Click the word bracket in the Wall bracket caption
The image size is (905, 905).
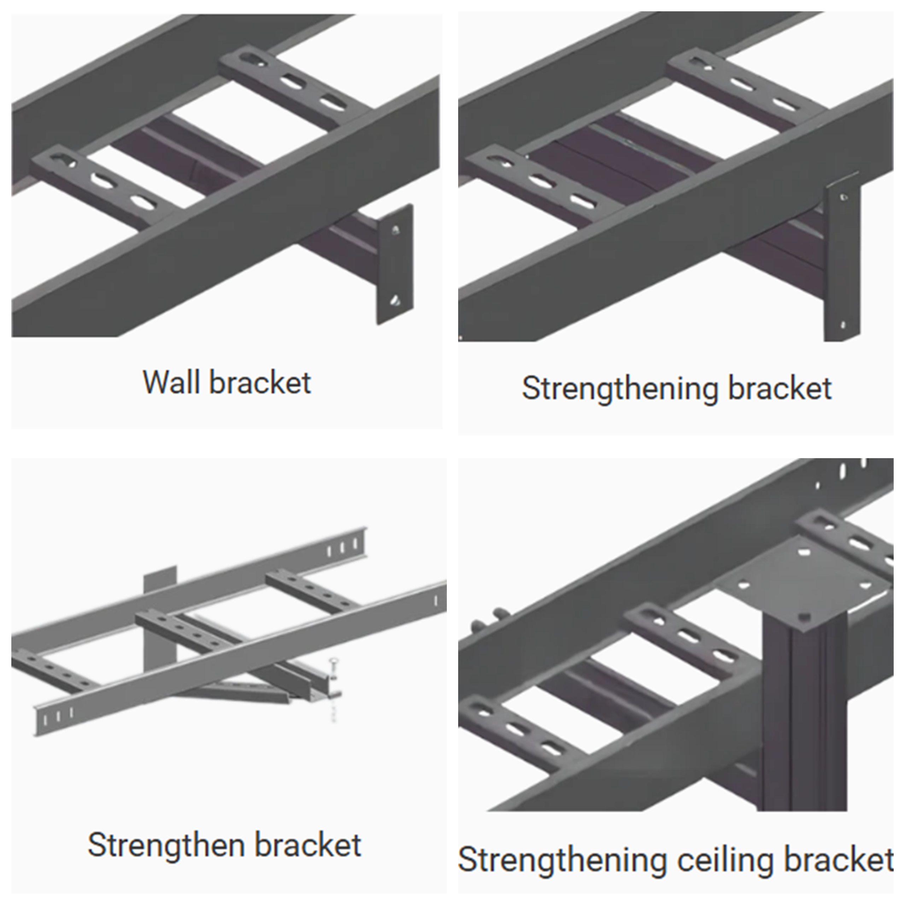click(x=260, y=383)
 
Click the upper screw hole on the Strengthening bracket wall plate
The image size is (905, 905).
click(x=843, y=197)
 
